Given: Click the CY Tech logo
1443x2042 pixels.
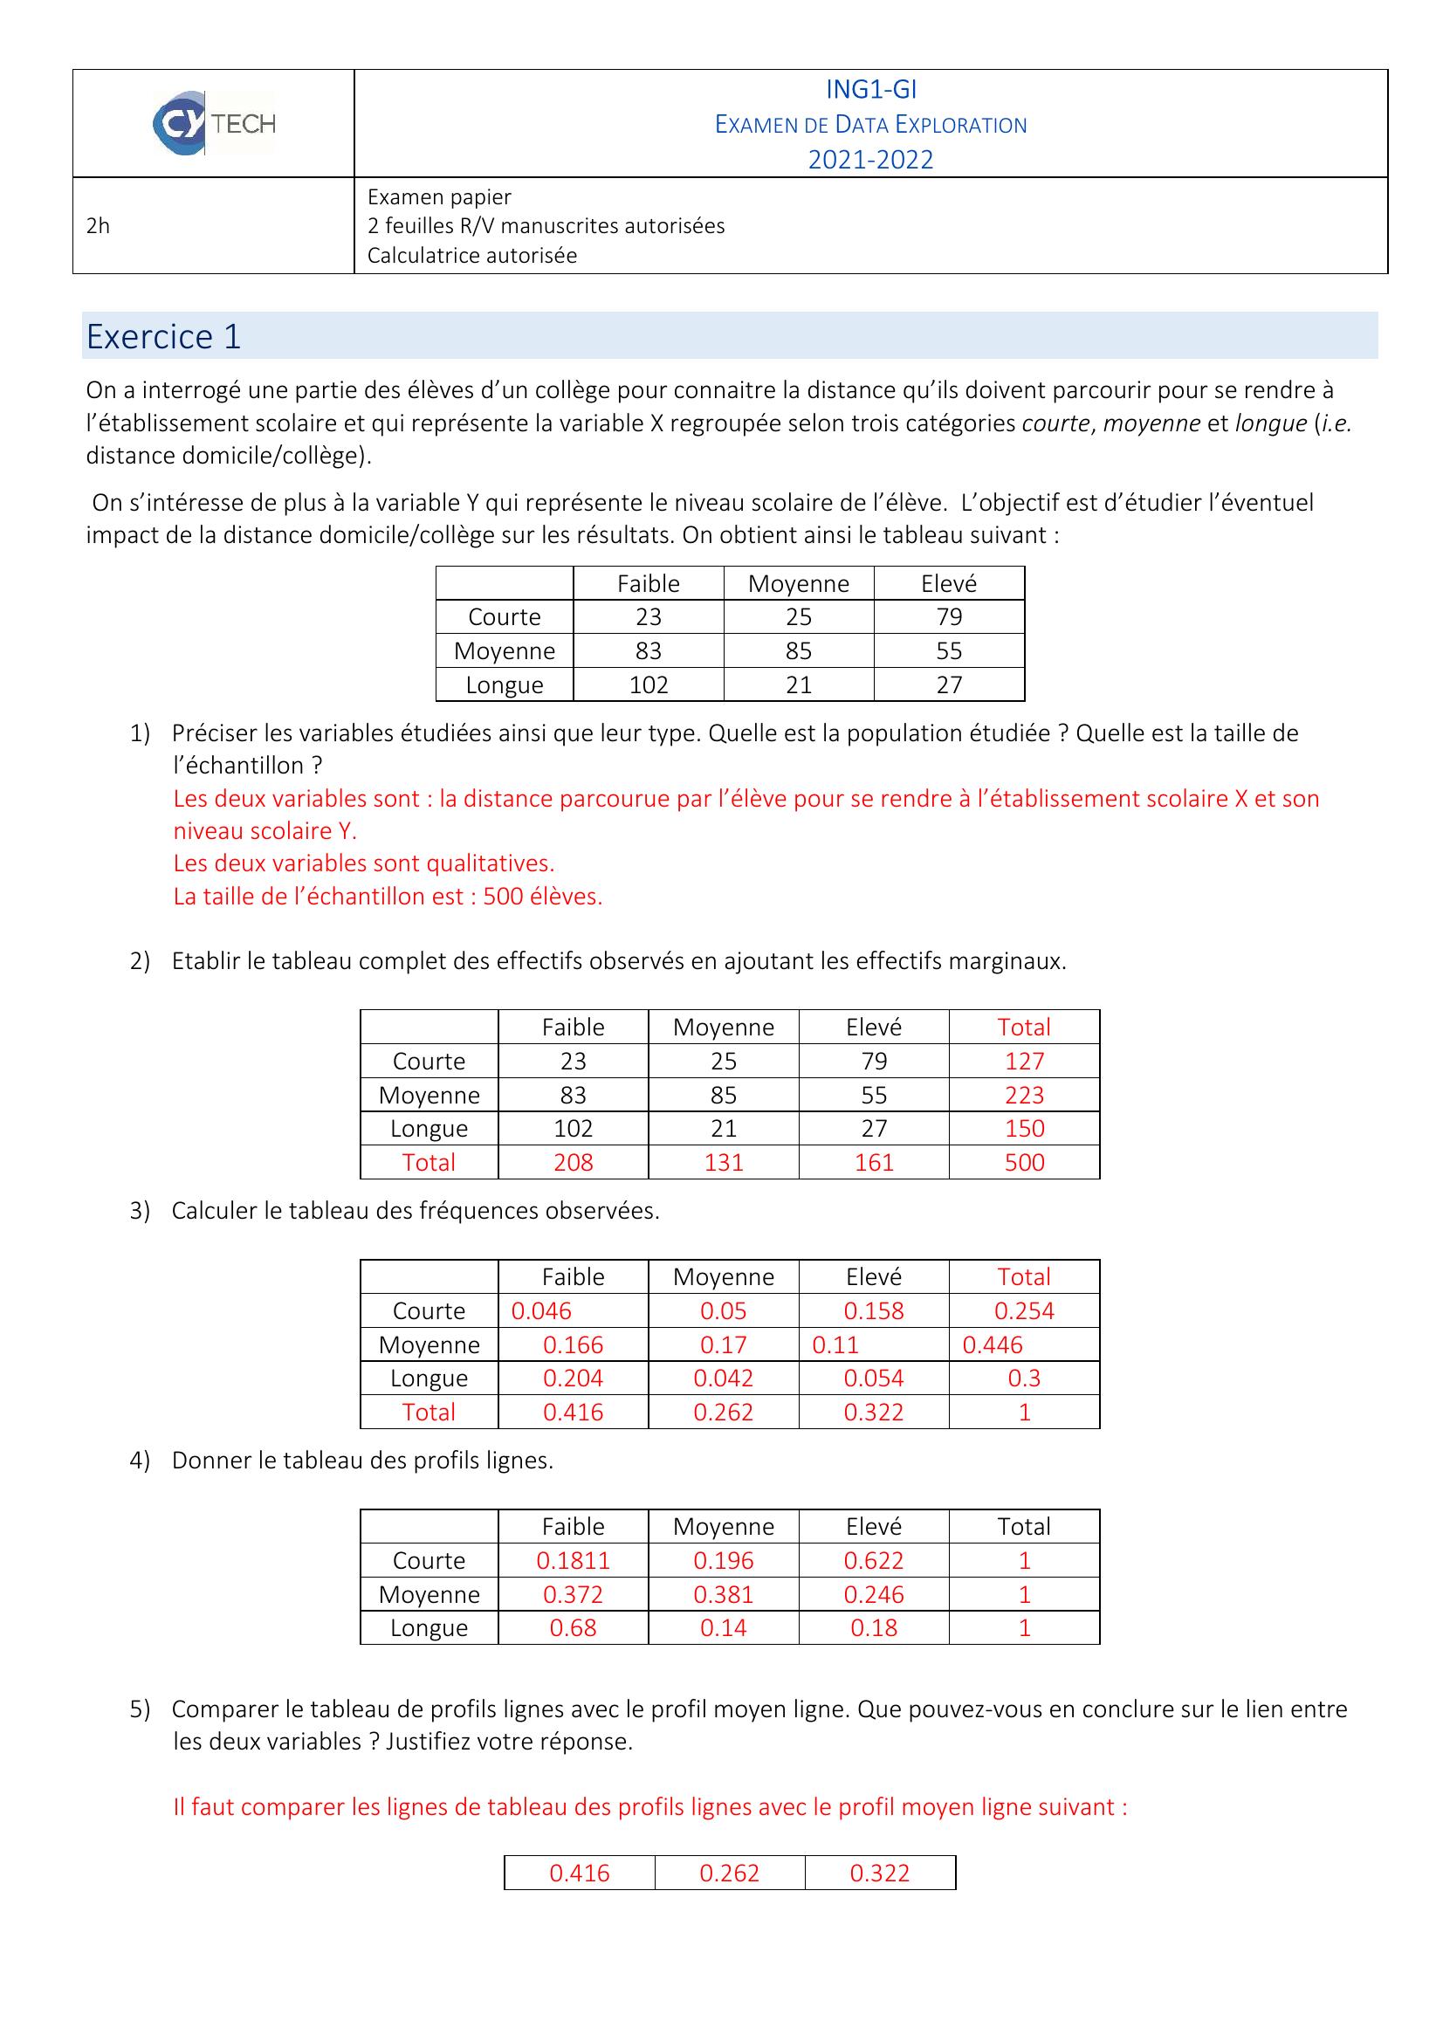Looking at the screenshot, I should [213, 123].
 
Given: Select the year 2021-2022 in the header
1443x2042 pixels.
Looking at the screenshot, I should [870, 160].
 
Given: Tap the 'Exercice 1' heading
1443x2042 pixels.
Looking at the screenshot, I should [163, 337].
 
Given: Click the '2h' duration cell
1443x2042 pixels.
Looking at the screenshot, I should [98, 226].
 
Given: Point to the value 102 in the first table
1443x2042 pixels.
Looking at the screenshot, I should [648, 684].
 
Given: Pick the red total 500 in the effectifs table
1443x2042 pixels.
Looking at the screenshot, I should [1024, 1162].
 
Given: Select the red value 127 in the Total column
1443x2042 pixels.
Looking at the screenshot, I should [1024, 1061].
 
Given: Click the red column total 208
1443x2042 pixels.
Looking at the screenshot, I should [573, 1162].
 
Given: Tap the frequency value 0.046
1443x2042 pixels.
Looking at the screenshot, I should [541, 1311].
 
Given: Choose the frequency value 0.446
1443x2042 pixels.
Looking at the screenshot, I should [993, 1344].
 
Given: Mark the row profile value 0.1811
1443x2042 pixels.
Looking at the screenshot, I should [573, 1561].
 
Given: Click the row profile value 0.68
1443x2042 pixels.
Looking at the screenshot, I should [573, 1628].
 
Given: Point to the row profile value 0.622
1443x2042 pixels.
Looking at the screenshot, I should [873, 1561].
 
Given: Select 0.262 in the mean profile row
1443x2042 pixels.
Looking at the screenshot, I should [729, 1873].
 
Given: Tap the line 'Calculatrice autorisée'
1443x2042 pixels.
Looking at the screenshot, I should [472, 256].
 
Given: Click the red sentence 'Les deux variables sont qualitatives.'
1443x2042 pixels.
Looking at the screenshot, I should [364, 863].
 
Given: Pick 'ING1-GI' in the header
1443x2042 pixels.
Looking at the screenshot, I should [870, 90].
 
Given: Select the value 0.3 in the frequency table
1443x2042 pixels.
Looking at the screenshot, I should [1024, 1379].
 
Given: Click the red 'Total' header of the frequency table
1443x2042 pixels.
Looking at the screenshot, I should [1024, 1277].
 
